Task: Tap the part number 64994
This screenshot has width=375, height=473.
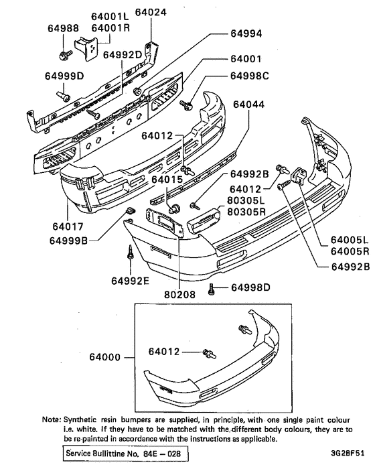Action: (x=247, y=33)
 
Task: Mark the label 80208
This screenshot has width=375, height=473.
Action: (x=179, y=293)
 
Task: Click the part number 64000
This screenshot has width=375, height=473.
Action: (x=108, y=357)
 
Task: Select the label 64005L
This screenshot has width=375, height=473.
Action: (x=349, y=240)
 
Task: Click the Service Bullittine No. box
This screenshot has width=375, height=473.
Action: (x=125, y=454)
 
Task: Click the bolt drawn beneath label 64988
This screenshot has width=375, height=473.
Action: (x=64, y=51)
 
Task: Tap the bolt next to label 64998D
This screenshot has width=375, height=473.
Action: (x=212, y=289)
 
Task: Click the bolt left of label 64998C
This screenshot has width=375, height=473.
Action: (x=187, y=104)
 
